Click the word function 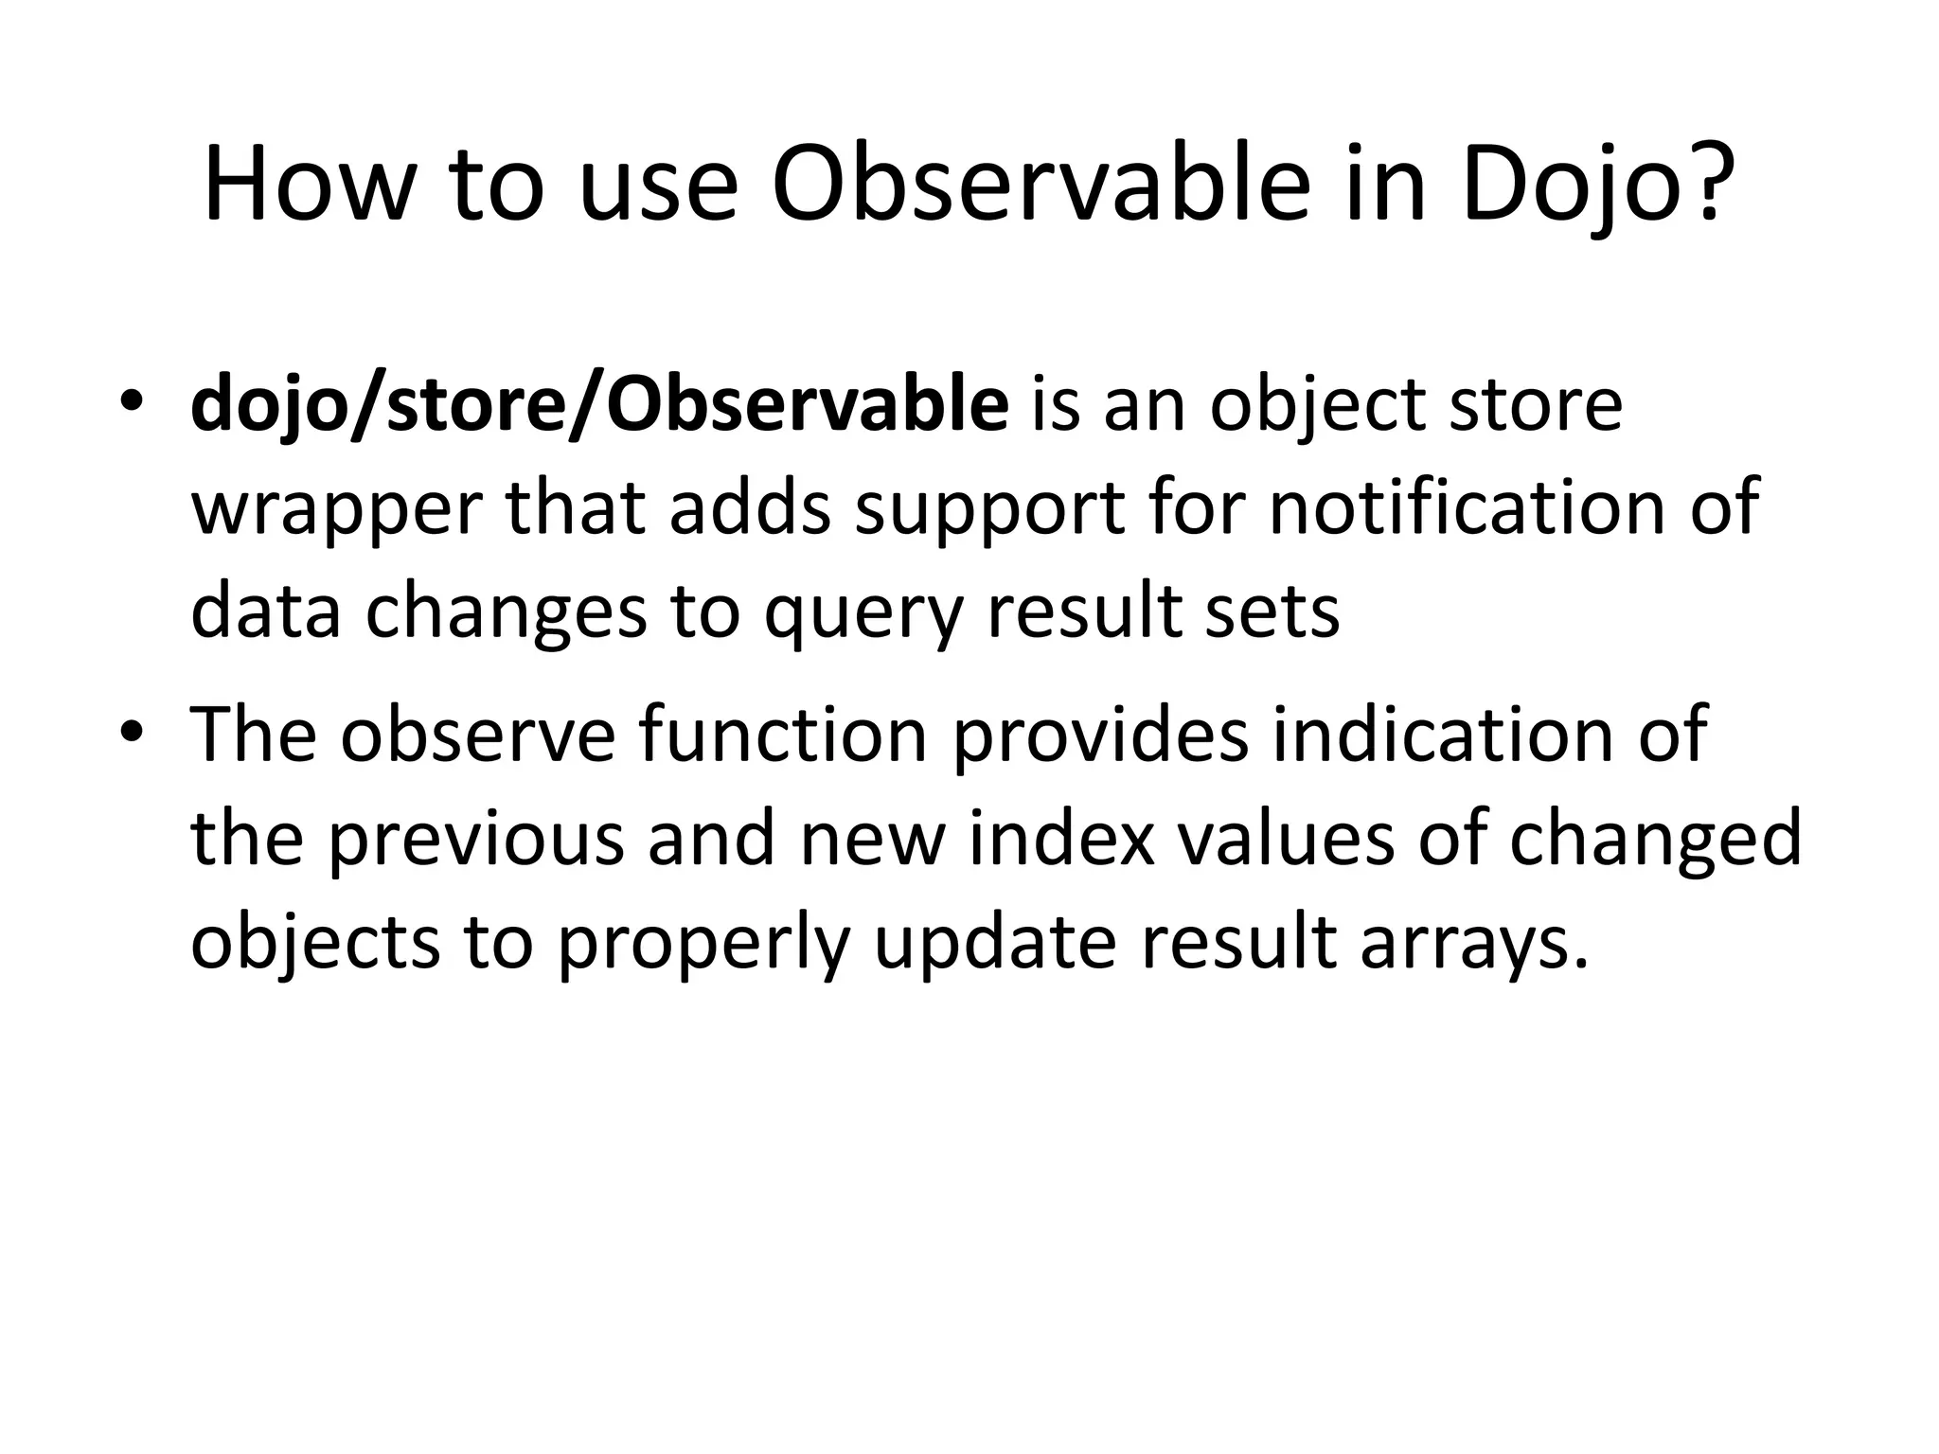click(783, 734)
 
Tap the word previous click(476, 839)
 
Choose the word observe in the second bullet click(478, 734)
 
